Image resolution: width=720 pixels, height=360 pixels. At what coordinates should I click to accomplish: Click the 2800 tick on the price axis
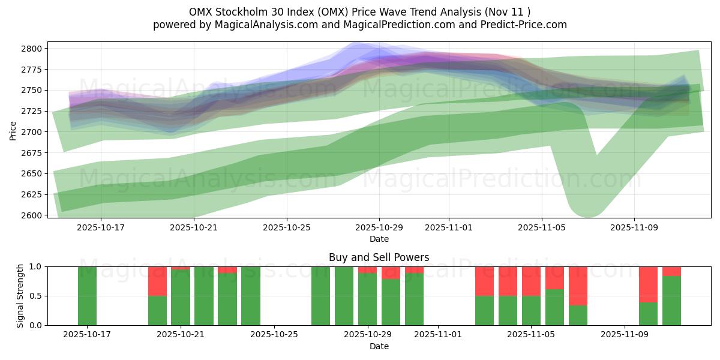(x=34, y=49)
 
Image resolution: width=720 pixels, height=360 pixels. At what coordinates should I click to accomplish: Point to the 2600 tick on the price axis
(x=34, y=215)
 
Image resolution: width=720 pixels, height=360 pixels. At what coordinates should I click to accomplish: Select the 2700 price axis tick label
(x=34, y=132)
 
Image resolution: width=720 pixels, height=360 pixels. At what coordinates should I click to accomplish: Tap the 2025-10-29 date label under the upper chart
(x=379, y=228)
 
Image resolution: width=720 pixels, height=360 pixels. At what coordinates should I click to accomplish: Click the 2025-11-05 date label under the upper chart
(x=542, y=228)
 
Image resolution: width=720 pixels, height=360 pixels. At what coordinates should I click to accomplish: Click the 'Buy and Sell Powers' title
(x=379, y=257)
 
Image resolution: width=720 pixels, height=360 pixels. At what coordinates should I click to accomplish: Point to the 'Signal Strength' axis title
(x=20, y=296)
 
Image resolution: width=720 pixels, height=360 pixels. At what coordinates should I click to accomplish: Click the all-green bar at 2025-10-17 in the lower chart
(x=87, y=296)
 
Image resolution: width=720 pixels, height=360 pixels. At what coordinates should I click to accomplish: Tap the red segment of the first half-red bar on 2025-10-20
(x=157, y=281)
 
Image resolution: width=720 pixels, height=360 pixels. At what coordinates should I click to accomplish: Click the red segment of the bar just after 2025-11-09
(x=648, y=284)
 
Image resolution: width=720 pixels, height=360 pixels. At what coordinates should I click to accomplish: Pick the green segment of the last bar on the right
(x=671, y=301)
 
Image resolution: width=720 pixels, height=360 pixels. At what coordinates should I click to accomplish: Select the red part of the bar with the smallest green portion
(x=578, y=286)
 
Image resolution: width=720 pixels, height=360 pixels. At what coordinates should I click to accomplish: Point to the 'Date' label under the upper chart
(x=379, y=239)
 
